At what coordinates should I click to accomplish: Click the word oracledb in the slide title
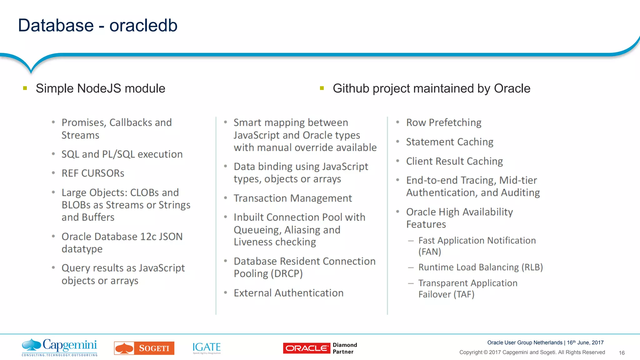pyautogui.click(x=143, y=26)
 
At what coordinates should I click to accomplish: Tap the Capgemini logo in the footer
pyautogui.click(x=59, y=347)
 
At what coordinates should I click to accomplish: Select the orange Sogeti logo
pyautogui.click(x=144, y=348)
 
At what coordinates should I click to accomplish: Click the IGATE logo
pyautogui.click(x=207, y=347)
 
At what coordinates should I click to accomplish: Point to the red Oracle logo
pyautogui.click(x=306, y=348)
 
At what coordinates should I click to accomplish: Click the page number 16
pyautogui.click(x=622, y=353)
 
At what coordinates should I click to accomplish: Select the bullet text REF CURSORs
pyautogui.click(x=93, y=173)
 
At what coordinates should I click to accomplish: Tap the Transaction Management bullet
pyautogui.click(x=292, y=198)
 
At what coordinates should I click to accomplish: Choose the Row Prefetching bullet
pyautogui.click(x=443, y=122)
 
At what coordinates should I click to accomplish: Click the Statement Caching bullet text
pyautogui.click(x=449, y=142)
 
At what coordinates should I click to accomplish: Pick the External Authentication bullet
pyautogui.click(x=288, y=293)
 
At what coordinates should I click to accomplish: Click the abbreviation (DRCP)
pyautogui.click(x=287, y=274)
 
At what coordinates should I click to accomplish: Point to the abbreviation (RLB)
pyautogui.click(x=532, y=267)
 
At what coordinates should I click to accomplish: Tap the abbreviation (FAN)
pyautogui.click(x=430, y=252)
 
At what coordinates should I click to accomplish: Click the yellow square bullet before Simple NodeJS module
pyautogui.click(x=25, y=88)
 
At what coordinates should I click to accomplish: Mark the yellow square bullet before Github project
pyautogui.click(x=322, y=88)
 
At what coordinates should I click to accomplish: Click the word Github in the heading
pyautogui.click(x=351, y=88)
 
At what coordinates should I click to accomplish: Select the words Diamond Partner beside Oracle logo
pyautogui.click(x=344, y=348)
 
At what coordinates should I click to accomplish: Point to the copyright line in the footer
pyautogui.click(x=532, y=352)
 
